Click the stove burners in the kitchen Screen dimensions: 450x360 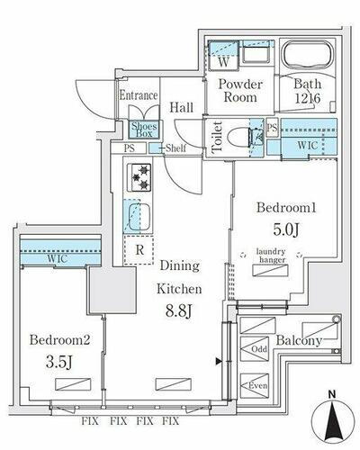click(139, 177)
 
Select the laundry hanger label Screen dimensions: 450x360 click(272, 256)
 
